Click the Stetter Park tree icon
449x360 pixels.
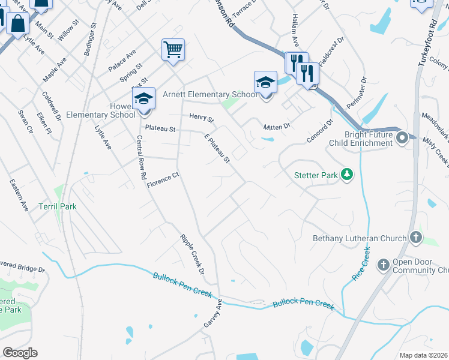pos(346,175)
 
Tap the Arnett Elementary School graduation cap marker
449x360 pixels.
pos(265,82)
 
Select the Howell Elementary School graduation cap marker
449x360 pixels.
pos(143,98)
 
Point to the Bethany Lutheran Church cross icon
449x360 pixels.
pos(415,238)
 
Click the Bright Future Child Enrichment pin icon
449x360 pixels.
pos(403,138)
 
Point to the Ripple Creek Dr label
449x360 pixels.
pos(192,254)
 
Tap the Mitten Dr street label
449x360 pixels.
pos(277,127)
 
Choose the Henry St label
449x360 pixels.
pos(201,117)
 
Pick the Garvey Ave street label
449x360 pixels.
pos(213,313)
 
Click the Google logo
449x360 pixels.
pos(20,353)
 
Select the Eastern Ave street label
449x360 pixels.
pos(19,195)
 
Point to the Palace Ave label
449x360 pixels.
pos(122,61)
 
